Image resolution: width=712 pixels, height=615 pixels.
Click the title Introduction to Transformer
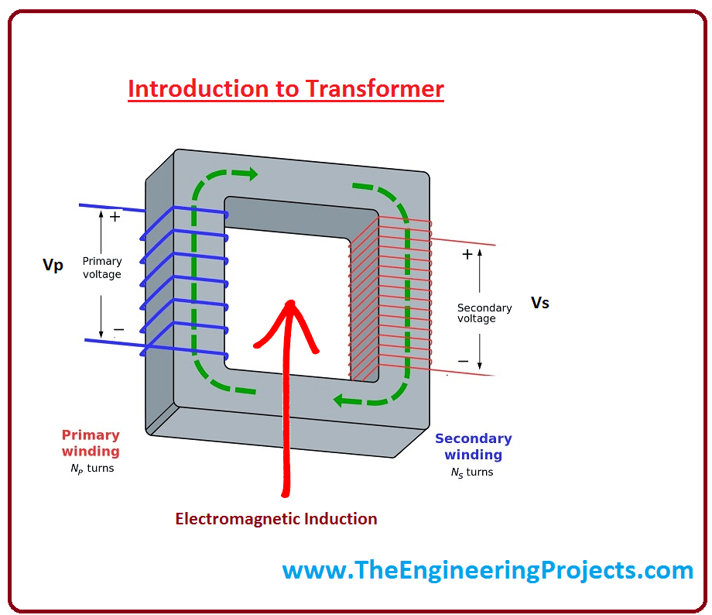[286, 89]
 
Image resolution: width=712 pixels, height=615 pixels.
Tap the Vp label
[53, 266]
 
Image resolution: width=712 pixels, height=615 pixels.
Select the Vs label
[539, 303]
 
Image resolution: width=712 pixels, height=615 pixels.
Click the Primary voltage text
[102, 268]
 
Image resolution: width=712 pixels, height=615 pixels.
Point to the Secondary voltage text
[484, 313]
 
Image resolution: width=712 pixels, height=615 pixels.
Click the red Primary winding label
[91, 443]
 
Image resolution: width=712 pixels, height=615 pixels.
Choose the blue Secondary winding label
[473, 447]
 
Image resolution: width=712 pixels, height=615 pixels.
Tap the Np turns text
[92, 469]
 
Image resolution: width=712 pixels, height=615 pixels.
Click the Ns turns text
[471, 472]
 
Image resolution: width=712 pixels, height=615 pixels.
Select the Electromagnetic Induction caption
[276, 519]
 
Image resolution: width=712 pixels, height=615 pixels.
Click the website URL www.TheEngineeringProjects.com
[488, 571]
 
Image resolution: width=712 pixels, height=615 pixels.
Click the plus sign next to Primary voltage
[115, 218]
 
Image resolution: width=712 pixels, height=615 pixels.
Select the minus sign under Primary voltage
[118, 330]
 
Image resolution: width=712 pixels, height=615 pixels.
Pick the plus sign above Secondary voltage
[467, 254]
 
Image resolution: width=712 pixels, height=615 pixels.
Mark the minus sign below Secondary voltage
[463, 361]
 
